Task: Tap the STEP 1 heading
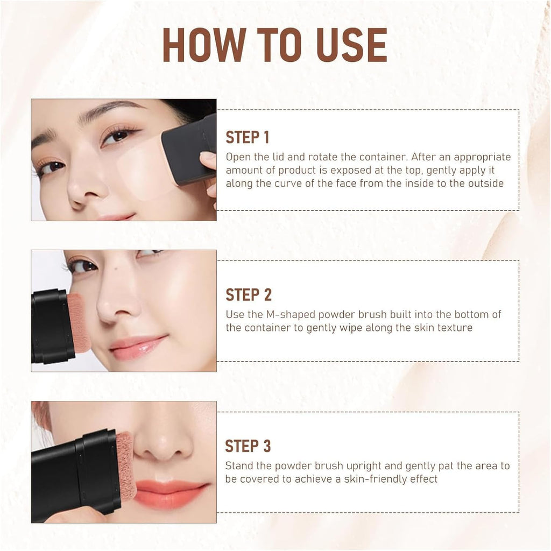coord(247,137)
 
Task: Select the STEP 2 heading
coord(248,295)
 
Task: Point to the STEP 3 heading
coord(248,446)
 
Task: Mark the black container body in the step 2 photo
coord(51,326)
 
